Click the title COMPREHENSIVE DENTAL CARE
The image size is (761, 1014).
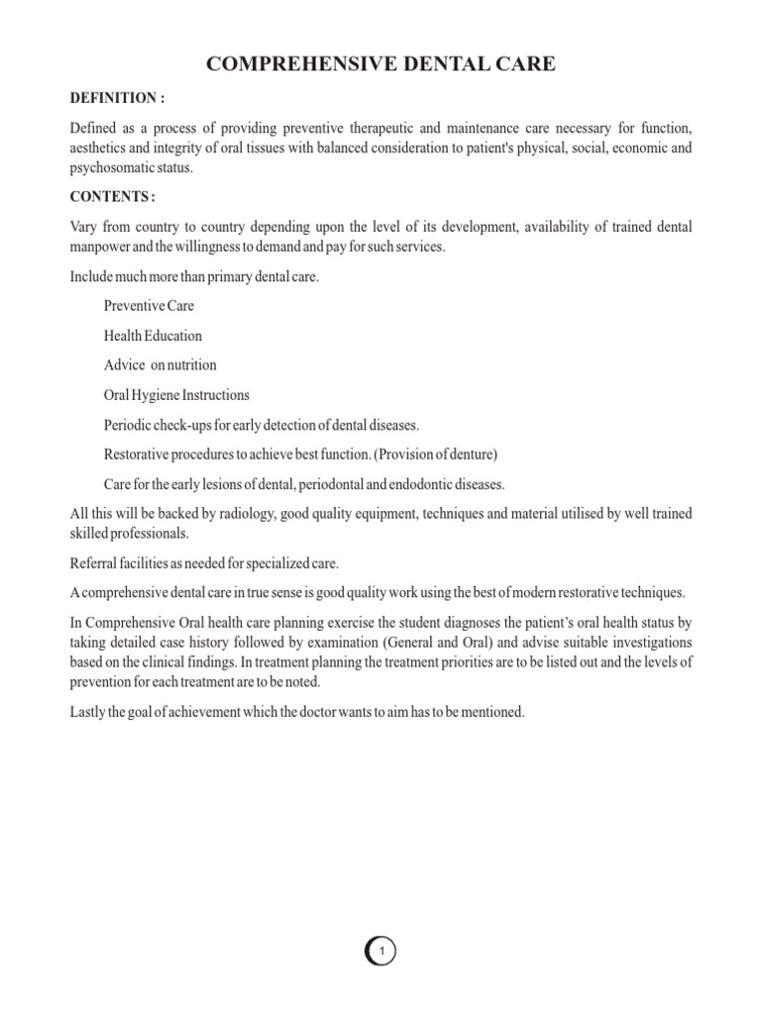380,65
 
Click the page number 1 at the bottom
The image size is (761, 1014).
381,953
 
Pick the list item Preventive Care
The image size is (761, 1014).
149,306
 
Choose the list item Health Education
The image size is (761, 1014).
154,336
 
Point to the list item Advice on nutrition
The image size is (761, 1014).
160,365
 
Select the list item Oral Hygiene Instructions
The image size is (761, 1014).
176,395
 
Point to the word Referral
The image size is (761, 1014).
92,563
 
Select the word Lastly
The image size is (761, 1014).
89,712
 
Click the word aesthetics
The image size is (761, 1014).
99,149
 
